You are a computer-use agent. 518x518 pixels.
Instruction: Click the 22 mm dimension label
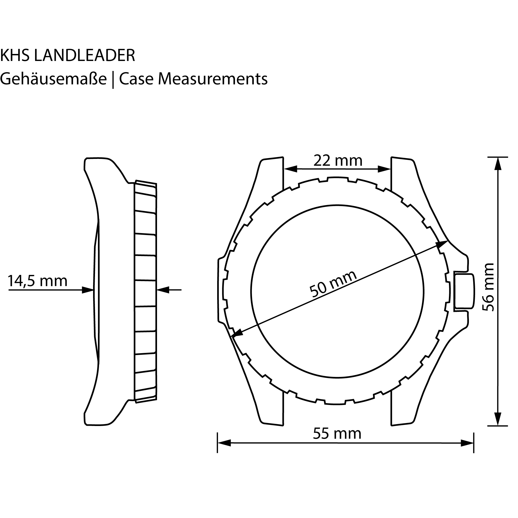[x=338, y=161]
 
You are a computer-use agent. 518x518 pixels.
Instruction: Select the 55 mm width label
[x=337, y=434]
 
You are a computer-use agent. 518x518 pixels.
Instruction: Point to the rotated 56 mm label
[x=488, y=287]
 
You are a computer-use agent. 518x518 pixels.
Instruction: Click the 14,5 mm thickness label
[x=38, y=281]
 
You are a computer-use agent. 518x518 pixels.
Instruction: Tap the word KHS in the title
[x=15, y=55]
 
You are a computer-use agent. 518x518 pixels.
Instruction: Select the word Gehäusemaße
[x=53, y=79]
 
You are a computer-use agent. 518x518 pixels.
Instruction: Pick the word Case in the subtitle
[x=136, y=79]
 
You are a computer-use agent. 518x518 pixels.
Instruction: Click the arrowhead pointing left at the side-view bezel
[x=163, y=290]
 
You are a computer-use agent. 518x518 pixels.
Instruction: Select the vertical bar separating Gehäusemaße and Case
[x=113, y=80]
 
